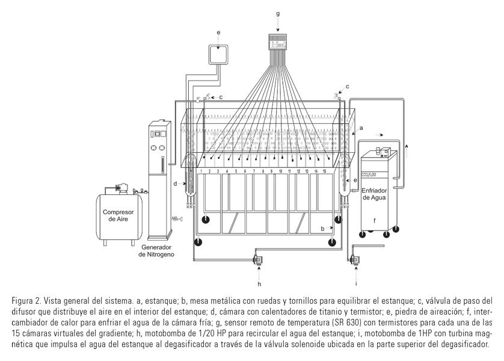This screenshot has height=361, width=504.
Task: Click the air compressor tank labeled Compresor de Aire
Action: [118, 215]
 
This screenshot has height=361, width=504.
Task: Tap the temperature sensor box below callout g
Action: [278, 42]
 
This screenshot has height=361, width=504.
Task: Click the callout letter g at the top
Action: [277, 12]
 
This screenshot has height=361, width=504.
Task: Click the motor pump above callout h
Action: [257, 260]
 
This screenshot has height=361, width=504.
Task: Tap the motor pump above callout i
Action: [354, 260]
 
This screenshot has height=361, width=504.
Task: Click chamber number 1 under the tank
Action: [201, 171]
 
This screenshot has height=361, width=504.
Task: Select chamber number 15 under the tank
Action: [324, 171]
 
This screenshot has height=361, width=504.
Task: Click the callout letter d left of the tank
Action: [175, 184]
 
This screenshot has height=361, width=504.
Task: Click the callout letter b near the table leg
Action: [322, 229]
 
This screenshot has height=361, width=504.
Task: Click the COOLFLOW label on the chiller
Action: [372, 162]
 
